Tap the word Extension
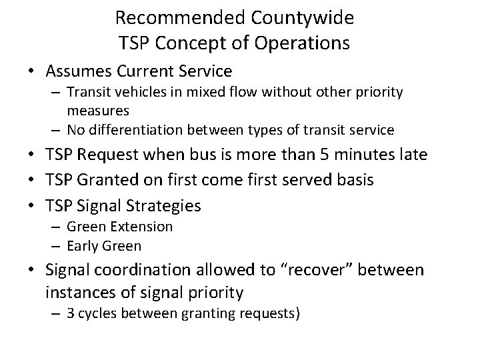pos(141,227)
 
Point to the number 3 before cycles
pos(71,313)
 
